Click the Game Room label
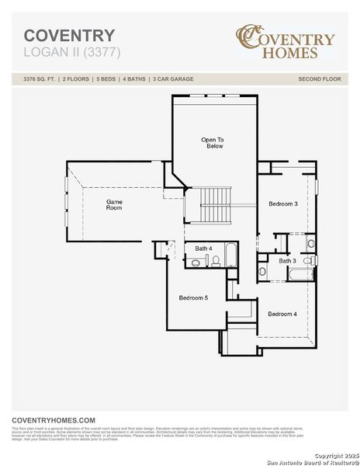pos(114,204)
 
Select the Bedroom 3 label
pos(283,203)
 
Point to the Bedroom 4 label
pos(282,314)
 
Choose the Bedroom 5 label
pos(193,297)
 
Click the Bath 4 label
pos(203,249)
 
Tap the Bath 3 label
pos(288,261)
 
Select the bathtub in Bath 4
pos(230,256)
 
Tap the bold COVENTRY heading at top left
pos(69,36)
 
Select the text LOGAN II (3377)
pos(72,52)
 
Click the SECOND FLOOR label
pos(320,79)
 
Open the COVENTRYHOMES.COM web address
pos(54,419)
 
